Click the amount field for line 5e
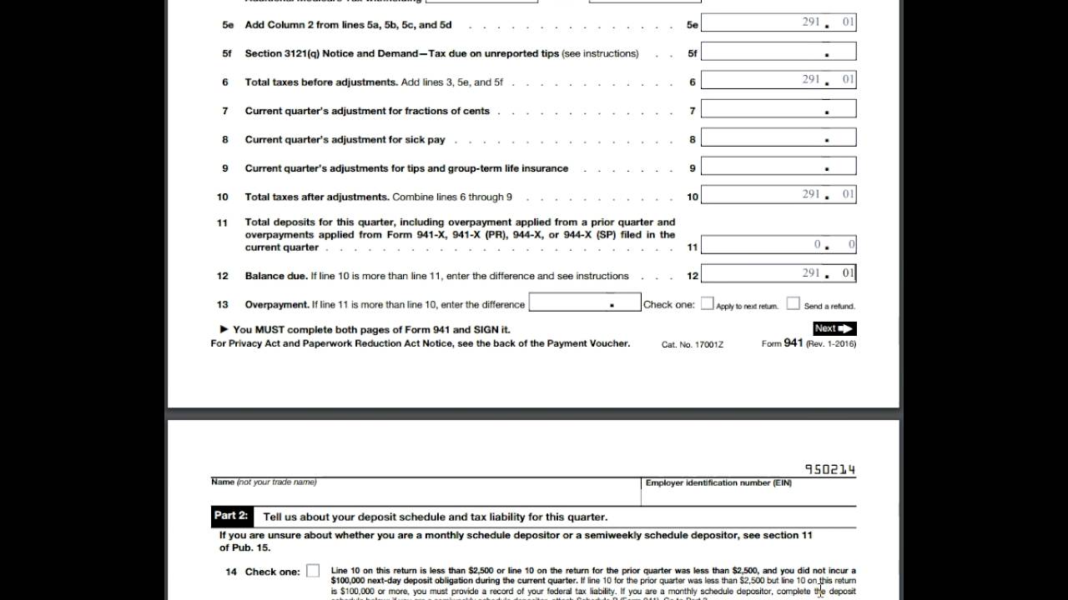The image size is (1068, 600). pos(778,22)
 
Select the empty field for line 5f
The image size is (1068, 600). pos(778,52)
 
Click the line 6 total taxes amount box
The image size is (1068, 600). pos(778,80)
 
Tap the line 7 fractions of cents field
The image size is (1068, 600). pos(778,109)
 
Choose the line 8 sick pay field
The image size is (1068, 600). pos(778,138)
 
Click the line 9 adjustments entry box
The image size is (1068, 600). pos(778,167)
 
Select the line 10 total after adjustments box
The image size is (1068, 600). pos(778,195)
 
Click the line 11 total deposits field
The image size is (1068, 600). pos(778,245)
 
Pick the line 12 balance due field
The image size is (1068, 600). pos(778,273)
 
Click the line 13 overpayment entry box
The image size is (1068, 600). pos(585,302)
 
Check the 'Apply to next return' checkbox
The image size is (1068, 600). pos(708,304)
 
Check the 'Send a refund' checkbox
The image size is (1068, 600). pos(793,304)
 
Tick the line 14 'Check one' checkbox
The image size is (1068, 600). pos(313,572)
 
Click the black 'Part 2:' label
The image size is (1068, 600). pos(231,516)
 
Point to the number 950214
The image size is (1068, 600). pos(830,470)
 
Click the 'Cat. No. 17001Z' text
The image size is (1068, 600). pos(692,344)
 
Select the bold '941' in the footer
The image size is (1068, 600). pos(793,343)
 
